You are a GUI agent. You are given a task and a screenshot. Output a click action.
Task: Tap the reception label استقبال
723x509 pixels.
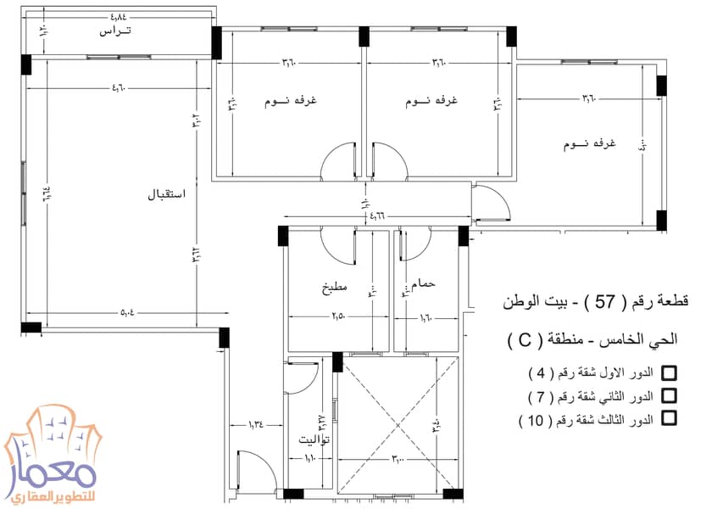[167, 194]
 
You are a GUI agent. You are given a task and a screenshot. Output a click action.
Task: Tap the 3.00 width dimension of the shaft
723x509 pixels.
[398, 459]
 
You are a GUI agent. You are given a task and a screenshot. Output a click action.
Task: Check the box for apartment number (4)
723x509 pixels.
[669, 373]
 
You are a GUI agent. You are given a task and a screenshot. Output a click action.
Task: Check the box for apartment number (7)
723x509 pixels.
[669, 395]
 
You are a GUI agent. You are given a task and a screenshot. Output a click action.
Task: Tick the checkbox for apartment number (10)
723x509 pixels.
[669, 417]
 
